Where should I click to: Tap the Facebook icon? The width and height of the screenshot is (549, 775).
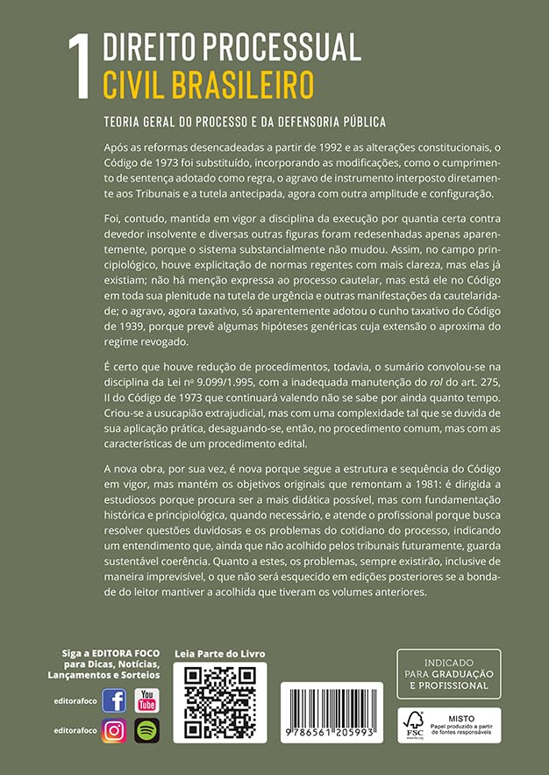[x=114, y=700]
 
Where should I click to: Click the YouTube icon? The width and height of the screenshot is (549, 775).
[x=147, y=700]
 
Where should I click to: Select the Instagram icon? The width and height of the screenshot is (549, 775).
[x=114, y=730]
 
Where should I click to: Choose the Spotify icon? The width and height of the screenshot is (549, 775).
[x=147, y=730]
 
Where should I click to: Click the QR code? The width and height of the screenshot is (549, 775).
[x=219, y=703]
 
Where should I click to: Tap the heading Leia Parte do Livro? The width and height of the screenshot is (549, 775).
[x=219, y=654]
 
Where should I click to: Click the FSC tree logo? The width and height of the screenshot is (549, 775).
[x=413, y=724]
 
